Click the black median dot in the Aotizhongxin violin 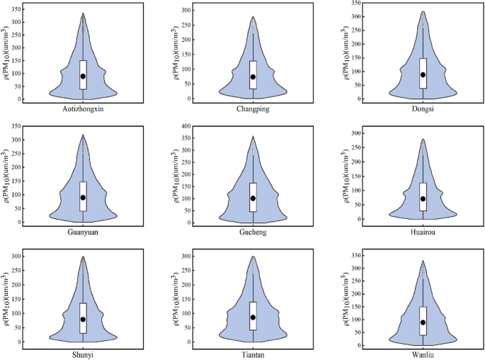pyautogui.click(x=83, y=76)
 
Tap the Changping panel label pyautogui.click(x=254, y=110)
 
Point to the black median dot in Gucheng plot pyautogui.click(x=253, y=198)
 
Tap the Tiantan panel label pyautogui.click(x=253, y=354)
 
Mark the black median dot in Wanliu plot pyautogui.click(x=423, y=322)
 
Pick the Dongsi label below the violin pyautogui.click(x=423, y=110)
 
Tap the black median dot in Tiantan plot pyautogui.click(x=253, y=317)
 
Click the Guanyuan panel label pyautogui.click(x=83, y=232)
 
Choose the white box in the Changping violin pyautogui.click(x=253, y=75)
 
